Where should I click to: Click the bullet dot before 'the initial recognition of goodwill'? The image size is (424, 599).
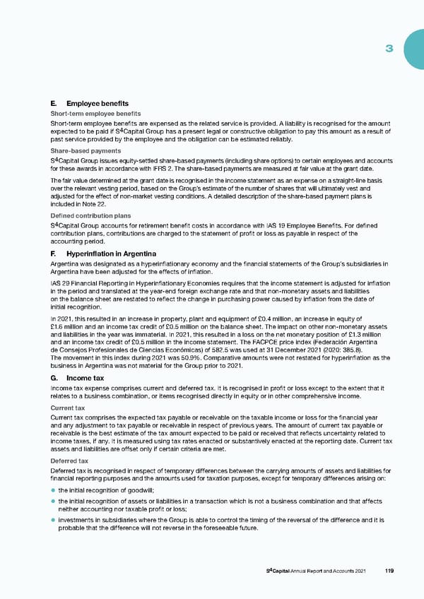(54, 490)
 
